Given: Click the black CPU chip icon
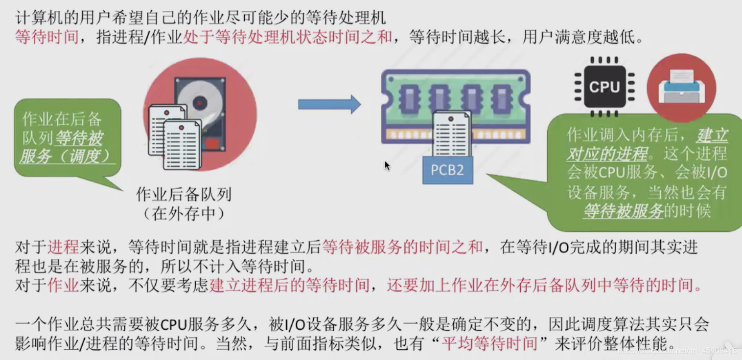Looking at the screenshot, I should click(x=604, y=87).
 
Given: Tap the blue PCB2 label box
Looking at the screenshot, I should click(x=447, y=170).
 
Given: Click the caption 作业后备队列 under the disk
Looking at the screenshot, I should click(x=184, y=195).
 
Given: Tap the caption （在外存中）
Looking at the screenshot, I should click(x=184, y=214).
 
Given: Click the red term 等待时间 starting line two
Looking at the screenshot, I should click(x=47, y=37).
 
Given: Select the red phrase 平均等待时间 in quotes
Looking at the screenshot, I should click(x=489, y=343).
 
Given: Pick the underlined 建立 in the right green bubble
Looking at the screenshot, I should click(x=712, y=135).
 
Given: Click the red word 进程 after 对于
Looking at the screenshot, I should click(x=63, y=247).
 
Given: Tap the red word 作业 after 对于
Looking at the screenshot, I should click(x=63, y=285).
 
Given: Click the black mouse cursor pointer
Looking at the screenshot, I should click(x=387, y=165).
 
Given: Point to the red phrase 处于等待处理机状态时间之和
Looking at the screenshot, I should click(x=288, y=37).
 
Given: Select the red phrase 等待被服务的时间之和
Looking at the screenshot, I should click(x=402, y=247).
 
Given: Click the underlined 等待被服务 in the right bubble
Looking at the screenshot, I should click(x=623, y=211).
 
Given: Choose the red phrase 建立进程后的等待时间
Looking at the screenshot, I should click(x=289, y=285).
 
